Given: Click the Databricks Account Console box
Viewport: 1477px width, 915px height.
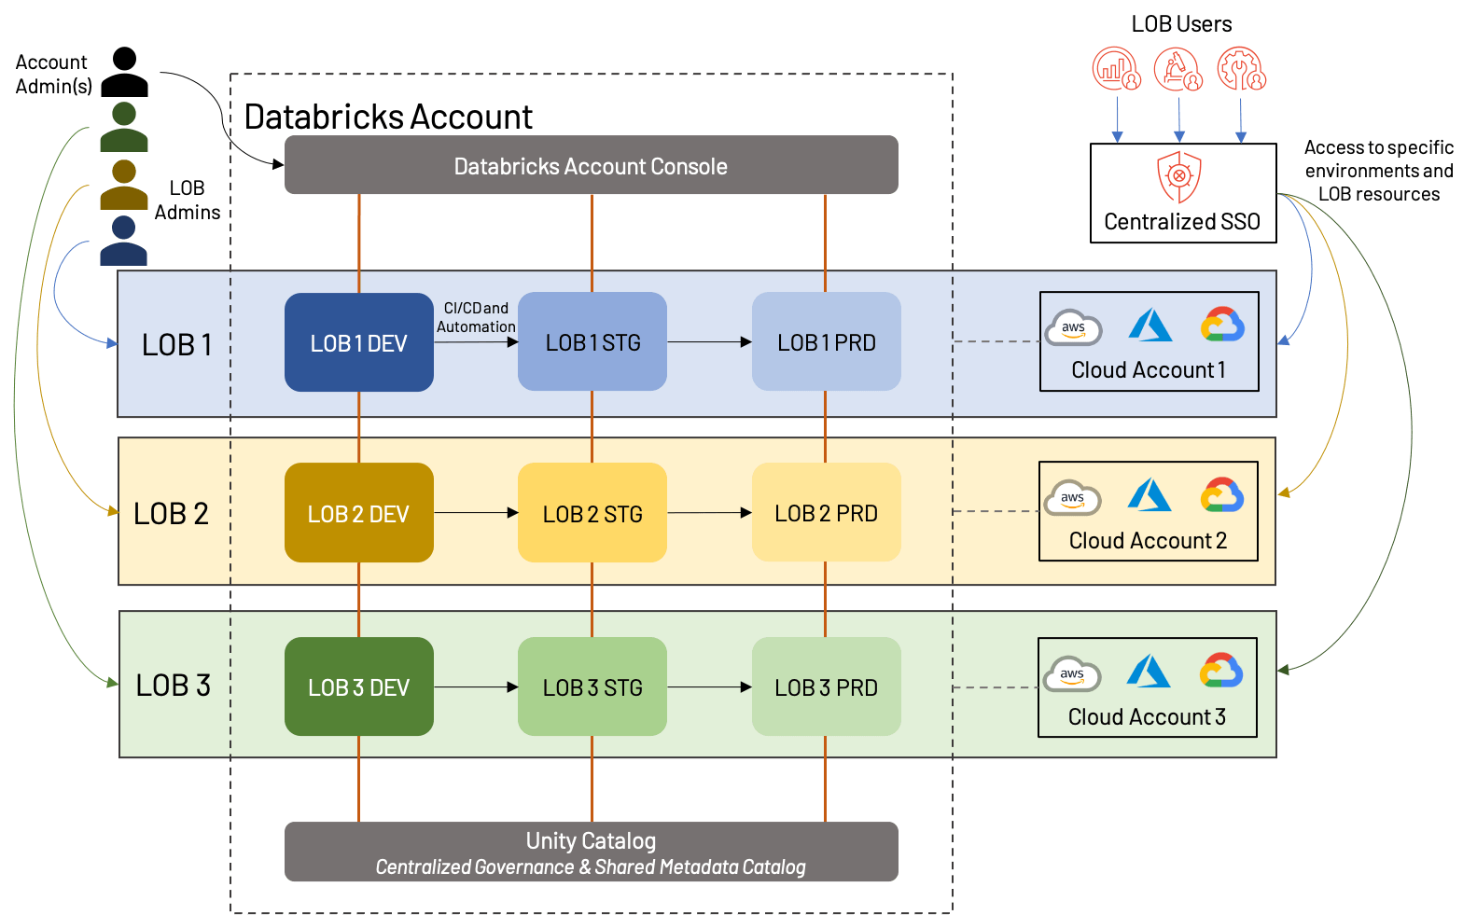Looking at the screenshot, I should pos(591,165).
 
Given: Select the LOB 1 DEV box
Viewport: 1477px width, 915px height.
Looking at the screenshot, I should pos(358,342).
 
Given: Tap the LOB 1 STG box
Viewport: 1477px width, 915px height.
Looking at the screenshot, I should pos(592,342).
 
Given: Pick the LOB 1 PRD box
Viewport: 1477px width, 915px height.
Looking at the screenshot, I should pos(826,342).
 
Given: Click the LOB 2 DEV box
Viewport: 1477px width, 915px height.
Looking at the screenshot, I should pos(358,513).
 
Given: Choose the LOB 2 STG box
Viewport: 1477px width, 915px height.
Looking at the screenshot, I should pos(592,513).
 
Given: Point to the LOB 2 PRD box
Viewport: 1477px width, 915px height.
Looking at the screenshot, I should pos(826,513).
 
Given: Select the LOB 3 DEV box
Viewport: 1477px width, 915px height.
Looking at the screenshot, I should pos(358,686).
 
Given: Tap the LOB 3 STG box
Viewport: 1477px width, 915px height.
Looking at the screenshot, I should pos(592,686).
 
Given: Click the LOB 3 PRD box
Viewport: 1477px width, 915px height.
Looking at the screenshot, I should pos(826,686).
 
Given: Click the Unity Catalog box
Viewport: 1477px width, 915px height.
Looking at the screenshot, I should pos(591,852).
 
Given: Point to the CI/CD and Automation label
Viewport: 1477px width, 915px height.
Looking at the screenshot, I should pos(476,317).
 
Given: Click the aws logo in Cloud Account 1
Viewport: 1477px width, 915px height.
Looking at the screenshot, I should pos(1073,328).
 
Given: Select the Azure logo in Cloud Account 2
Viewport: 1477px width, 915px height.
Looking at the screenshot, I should pos(1149,495).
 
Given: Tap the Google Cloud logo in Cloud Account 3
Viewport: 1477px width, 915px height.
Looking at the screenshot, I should pos(1221,671).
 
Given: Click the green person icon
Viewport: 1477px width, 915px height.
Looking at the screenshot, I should pos(124,128).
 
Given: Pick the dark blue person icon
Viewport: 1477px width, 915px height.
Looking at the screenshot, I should pos(124,241).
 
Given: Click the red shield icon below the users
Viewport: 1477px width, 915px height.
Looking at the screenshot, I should pos(1179,176).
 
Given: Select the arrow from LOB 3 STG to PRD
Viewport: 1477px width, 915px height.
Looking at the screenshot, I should pos(709,687).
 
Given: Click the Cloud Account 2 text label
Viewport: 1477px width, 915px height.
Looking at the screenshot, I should pos(1148,541).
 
